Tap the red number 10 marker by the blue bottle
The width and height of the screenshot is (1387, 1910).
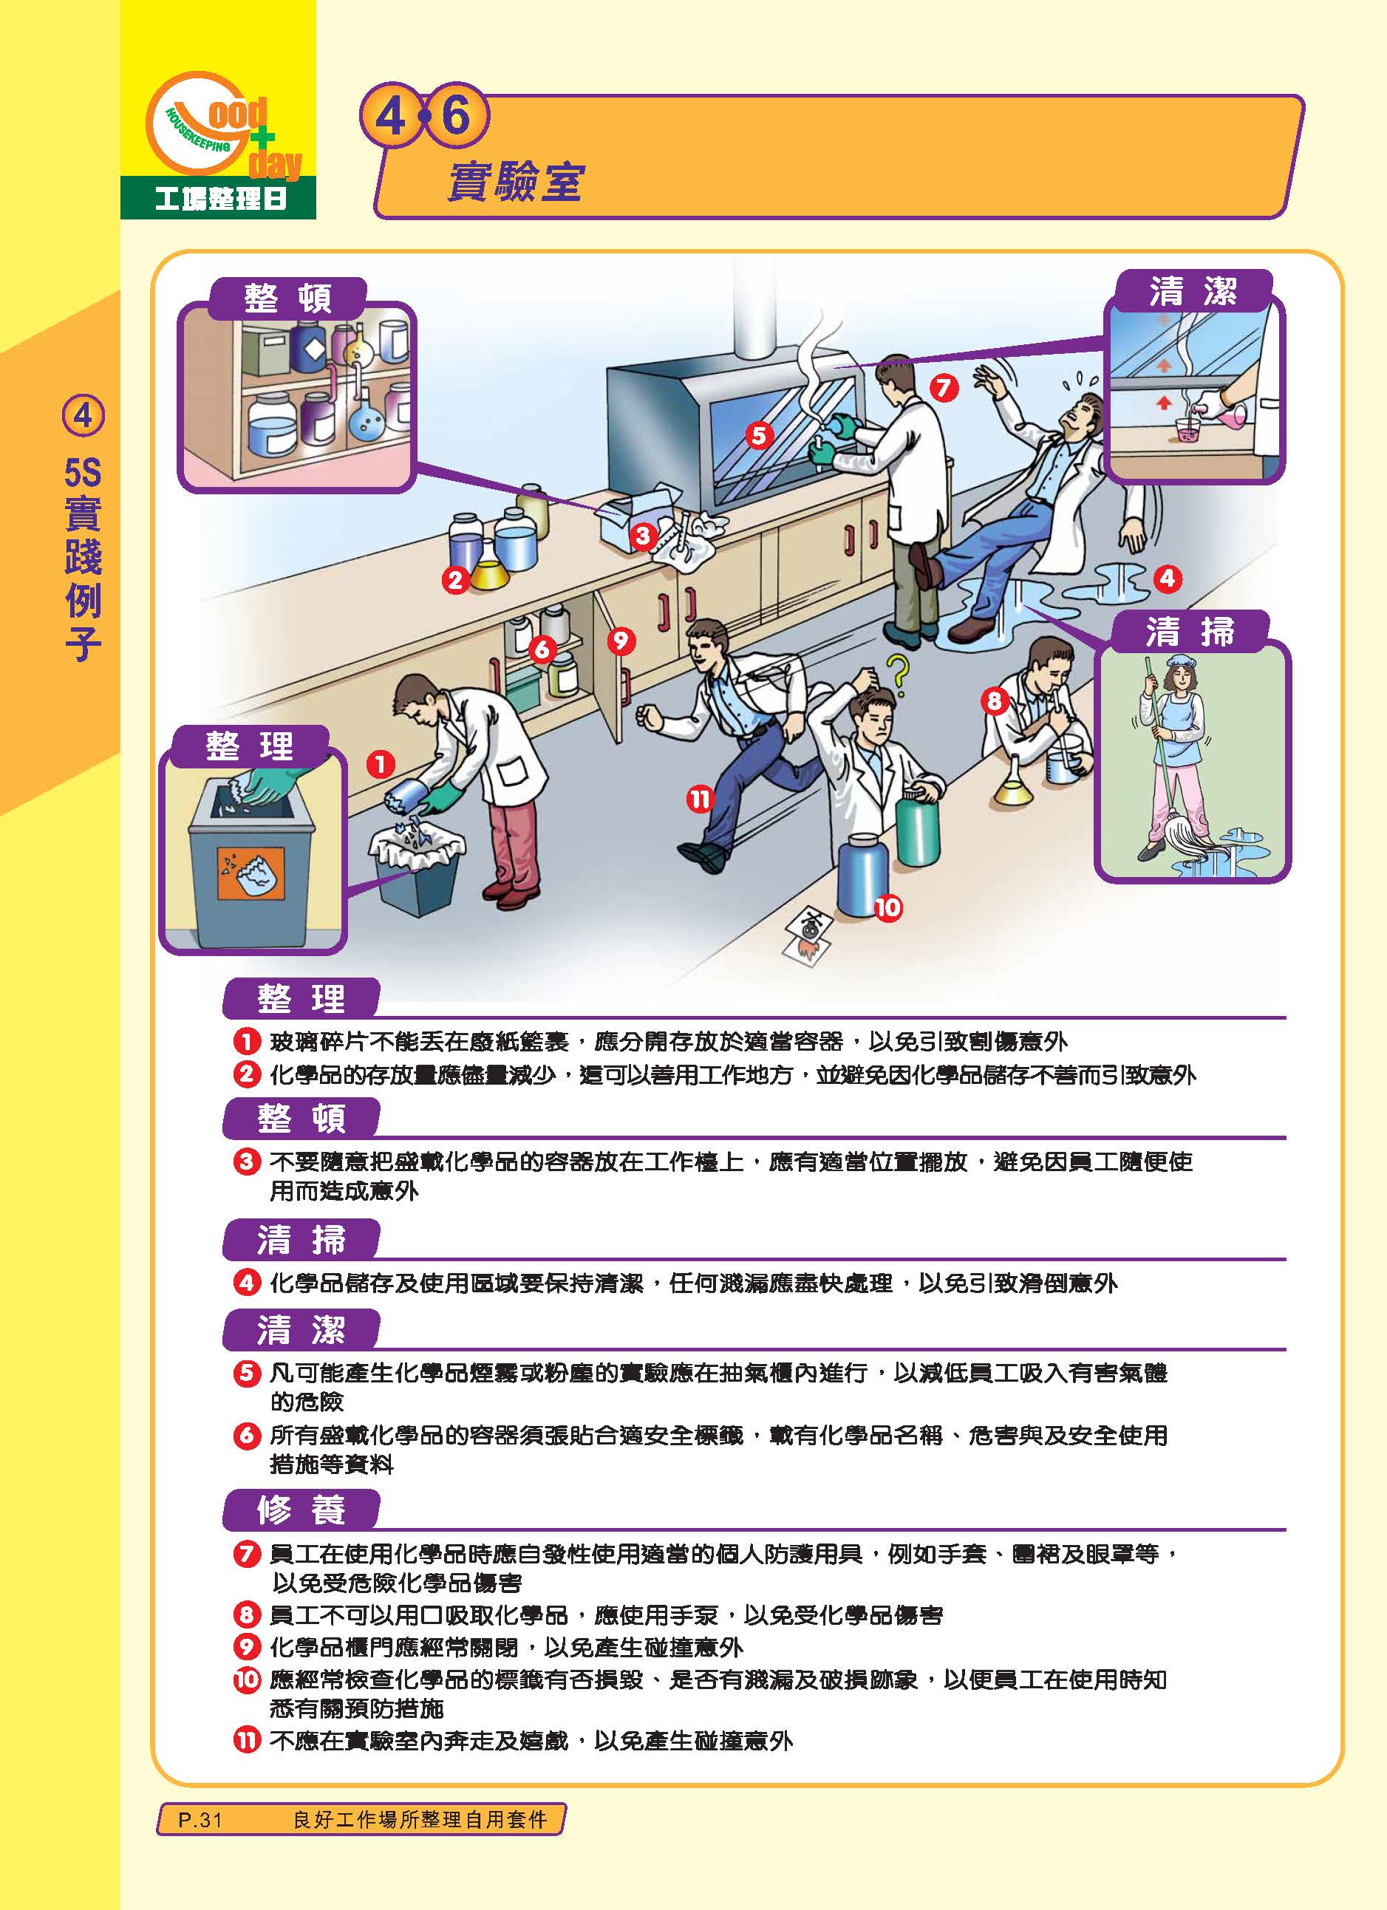887,907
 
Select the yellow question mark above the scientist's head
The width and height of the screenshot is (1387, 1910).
899,674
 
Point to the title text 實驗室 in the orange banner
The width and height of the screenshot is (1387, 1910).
514,181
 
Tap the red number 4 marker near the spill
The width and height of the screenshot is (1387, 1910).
1168,578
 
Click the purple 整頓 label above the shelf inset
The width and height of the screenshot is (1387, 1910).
288,298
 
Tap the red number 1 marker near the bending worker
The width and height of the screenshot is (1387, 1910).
381,764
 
